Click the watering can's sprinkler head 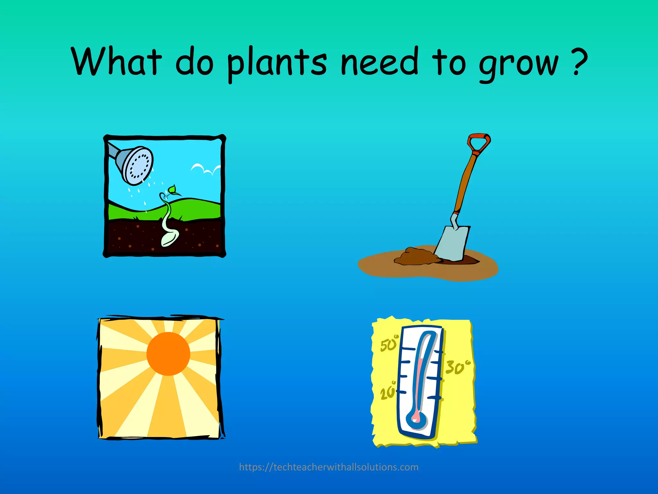(138, 165)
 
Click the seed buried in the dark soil (169, 238)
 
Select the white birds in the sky (206, 169)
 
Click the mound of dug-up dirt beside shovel (414, 256)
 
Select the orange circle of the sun (168, 354)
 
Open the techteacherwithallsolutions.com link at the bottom (329, 467)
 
